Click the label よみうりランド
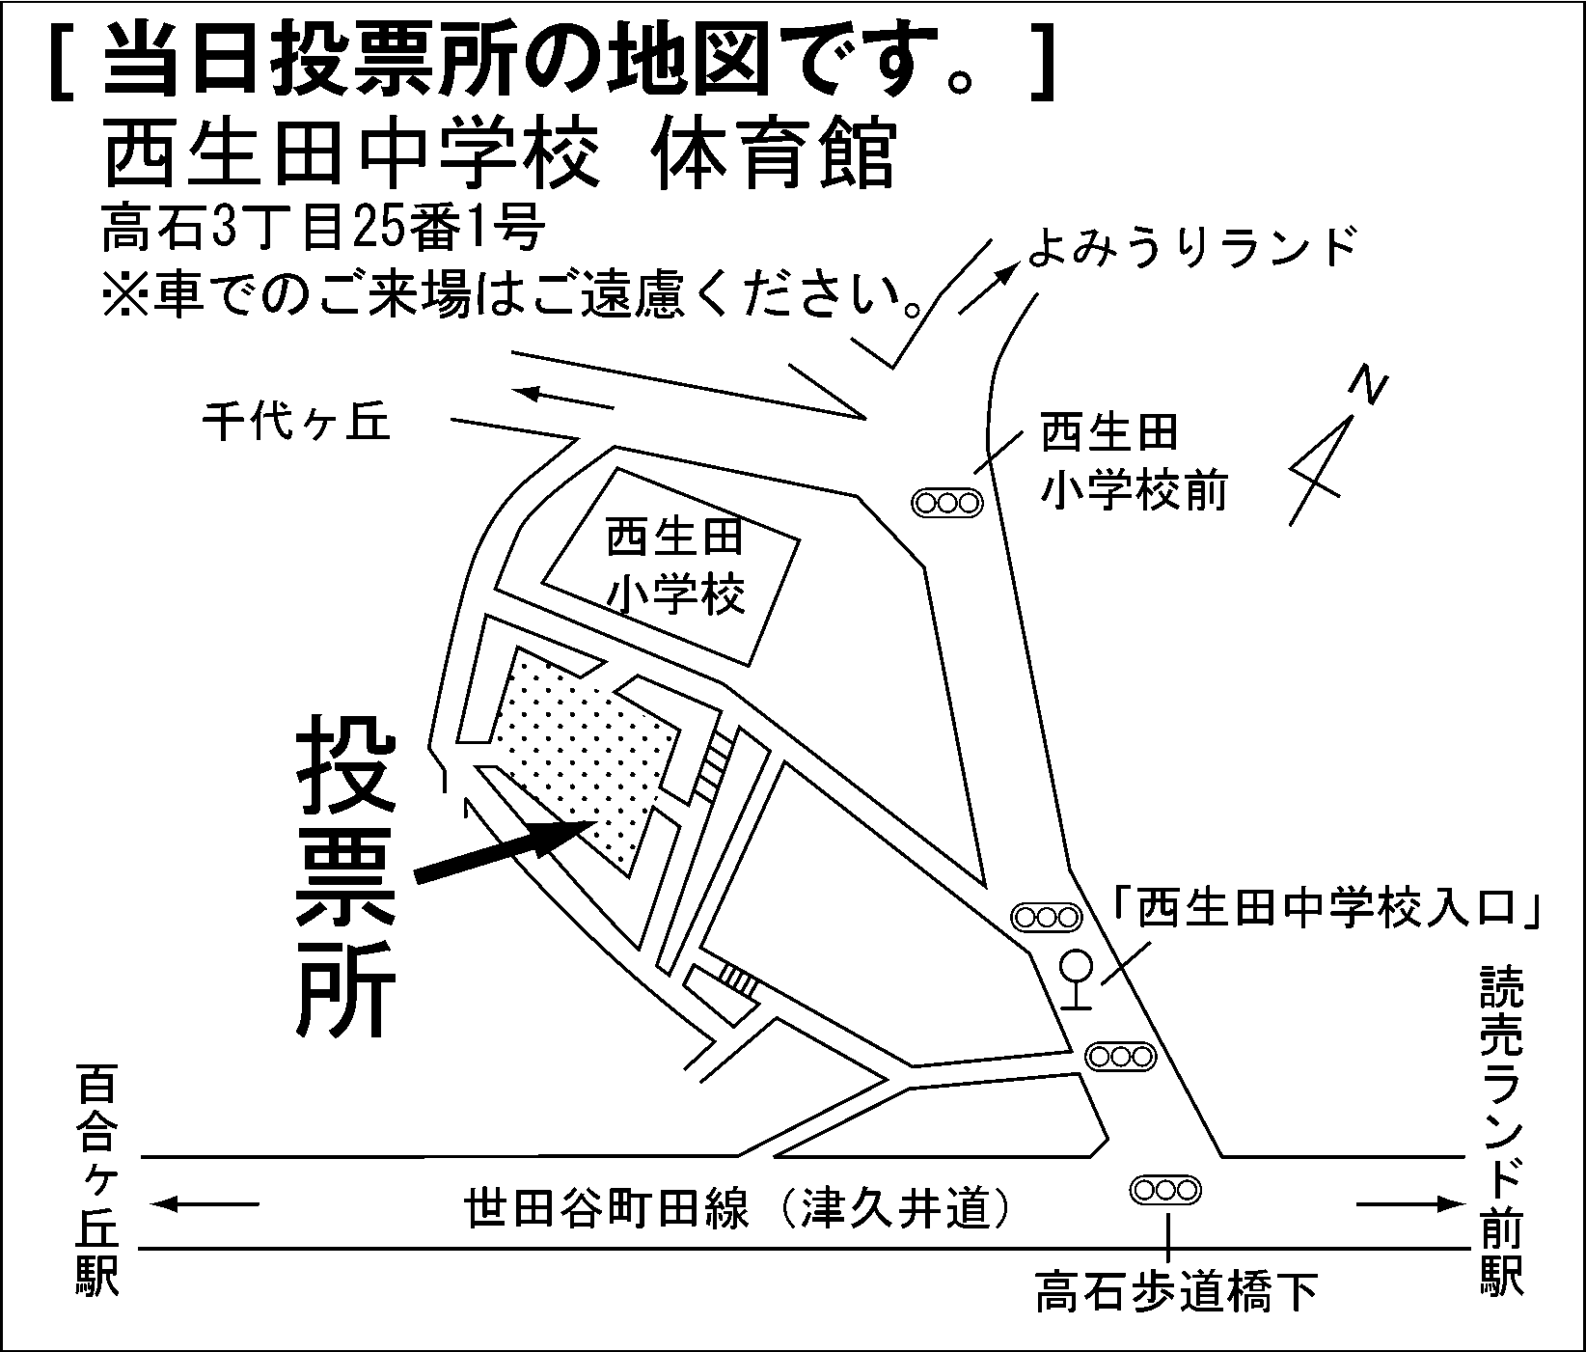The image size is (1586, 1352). [x=1190, y=247]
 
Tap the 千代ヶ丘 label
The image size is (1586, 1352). [x=296, y=421]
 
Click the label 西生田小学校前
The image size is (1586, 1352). [x=1133, y=460]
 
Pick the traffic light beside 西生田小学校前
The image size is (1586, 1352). [x=947, y=502]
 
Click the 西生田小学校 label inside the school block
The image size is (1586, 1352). [x=675, y=567]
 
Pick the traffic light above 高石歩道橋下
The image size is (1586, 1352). [x=1166, y=1190]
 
